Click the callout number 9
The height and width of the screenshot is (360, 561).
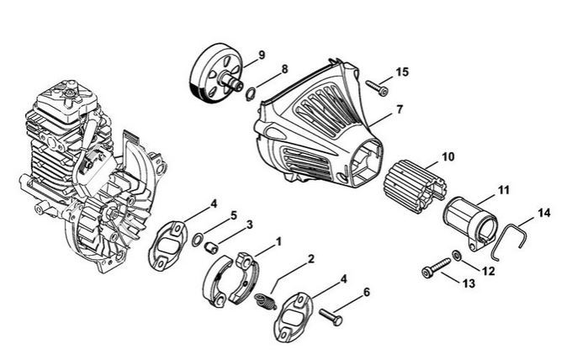(x=262, y=55)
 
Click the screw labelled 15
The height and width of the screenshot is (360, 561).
(x=375, y=85)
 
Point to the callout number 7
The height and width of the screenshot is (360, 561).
(x=400, y=109)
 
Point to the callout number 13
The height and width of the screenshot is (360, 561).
(x=468, y=284)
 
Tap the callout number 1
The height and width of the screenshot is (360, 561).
(x=279, y=240)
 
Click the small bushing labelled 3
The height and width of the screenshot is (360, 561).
(x=213, y=246)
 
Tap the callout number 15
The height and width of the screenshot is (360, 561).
(x=403, y=72)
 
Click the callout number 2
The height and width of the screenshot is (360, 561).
(x=311, y=259)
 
